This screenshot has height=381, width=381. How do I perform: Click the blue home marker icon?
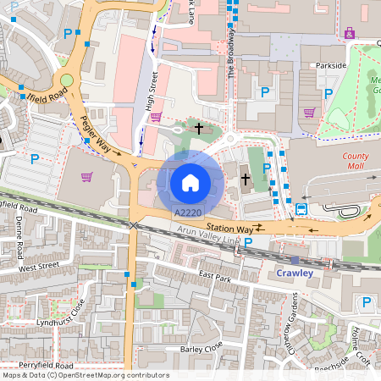[x=190, y=181]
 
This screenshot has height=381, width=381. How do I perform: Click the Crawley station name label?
[x=295, y=273]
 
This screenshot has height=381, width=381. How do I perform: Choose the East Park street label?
[x=215, y=278]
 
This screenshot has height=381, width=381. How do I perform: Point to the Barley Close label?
[x=201, y=346]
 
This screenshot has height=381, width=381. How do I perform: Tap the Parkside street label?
[x=329, y=65]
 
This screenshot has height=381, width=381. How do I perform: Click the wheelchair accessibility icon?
[x=350, y=32]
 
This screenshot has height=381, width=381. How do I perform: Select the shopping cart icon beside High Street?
[x=155, y=117]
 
